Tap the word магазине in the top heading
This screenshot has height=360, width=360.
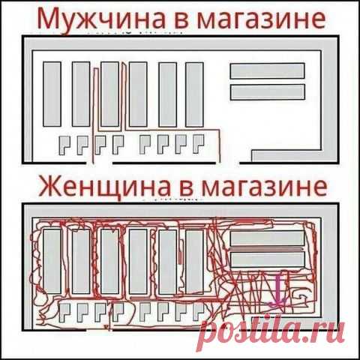tap(265, 16)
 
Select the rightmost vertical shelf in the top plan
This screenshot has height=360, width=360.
tap(194, 94)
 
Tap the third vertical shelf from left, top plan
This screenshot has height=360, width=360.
tap(109, 94)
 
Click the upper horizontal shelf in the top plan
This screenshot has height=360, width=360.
tap(267, 70)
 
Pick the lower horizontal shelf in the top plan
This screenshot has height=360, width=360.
tap(267, 91)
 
